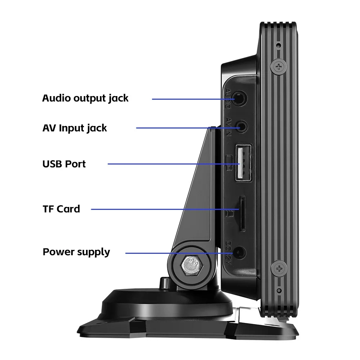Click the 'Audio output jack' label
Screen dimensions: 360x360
tap(85, 98)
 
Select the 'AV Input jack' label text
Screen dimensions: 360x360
tap(75, 128)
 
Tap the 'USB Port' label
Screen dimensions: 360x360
tap(64, 164)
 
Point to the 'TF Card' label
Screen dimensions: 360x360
tap(61, 209)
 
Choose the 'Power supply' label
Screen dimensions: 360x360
tap(76, 252)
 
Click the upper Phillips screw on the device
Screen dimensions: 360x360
tap(279, 66)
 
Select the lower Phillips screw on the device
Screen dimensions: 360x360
tap(279, 268)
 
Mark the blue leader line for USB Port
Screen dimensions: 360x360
tap(169, 164)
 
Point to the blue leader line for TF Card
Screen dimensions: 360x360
tap(162, 209)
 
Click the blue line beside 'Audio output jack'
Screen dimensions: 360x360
tap(191, 98)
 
